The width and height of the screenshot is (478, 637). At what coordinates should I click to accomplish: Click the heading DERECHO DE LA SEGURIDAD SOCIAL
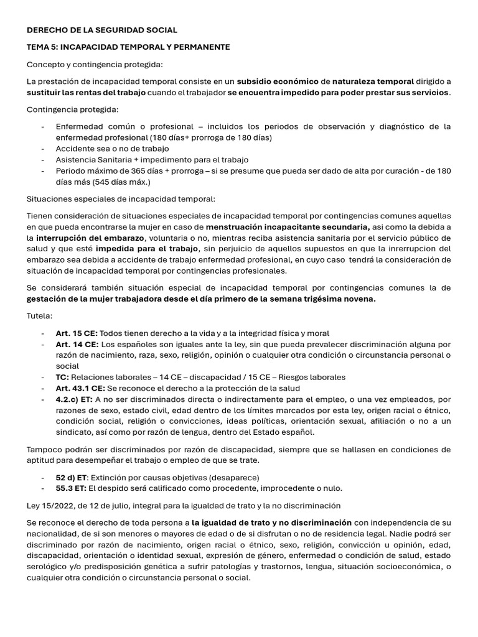coord(102,30)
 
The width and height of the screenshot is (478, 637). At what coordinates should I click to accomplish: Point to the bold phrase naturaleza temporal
coord(373,81)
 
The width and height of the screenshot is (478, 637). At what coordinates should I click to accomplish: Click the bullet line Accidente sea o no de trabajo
coord(112,149)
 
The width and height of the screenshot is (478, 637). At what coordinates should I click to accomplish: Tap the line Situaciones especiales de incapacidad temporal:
coord(121,199)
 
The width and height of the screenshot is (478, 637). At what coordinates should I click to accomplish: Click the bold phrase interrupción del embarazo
coord(90,238)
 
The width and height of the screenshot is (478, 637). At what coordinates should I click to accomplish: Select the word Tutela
coord(39,316)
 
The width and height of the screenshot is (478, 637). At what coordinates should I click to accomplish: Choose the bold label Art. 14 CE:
coord(77,344)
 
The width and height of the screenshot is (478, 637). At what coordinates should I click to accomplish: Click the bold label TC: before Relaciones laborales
coord(62,378)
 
